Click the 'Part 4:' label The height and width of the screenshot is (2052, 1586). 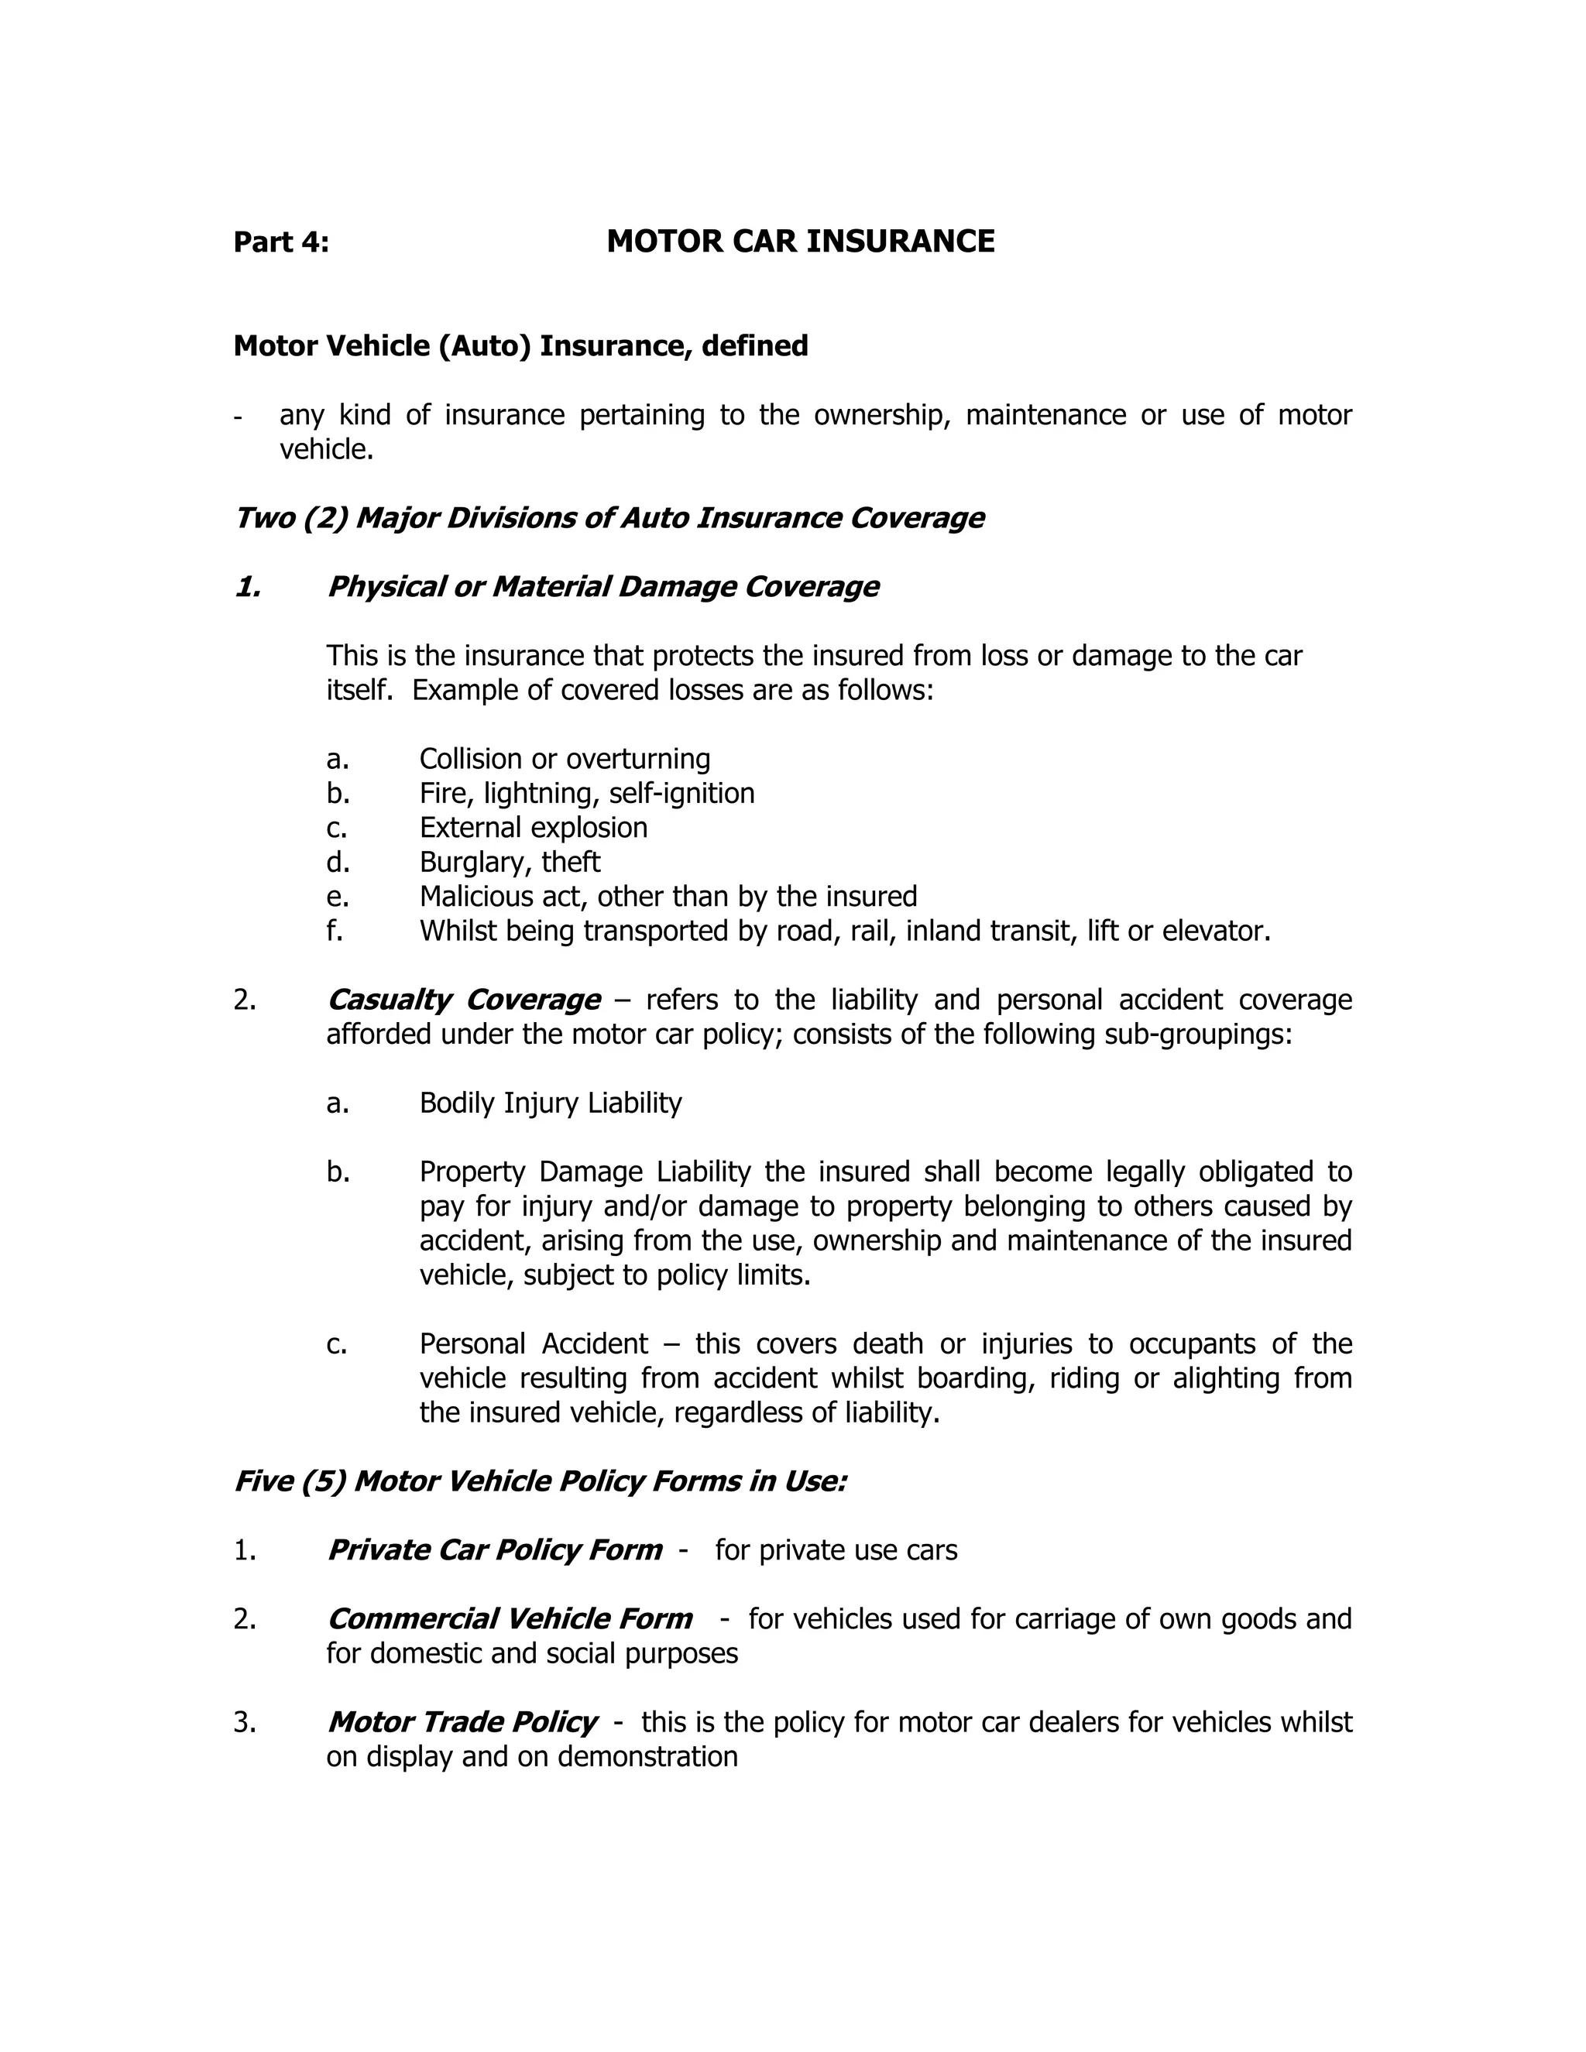click(281, 242)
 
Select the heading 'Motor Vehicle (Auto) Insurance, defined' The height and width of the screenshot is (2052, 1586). click(520, 346)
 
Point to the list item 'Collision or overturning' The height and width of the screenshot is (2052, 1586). click(564, 758)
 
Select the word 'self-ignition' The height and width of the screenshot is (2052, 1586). click(681, 793)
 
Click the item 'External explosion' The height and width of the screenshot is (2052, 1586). click(533, 828)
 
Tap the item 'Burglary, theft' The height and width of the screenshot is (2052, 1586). click(510, 862)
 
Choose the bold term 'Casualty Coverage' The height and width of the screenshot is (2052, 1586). click(463, 1000)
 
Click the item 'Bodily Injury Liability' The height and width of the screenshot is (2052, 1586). click(550, 1103)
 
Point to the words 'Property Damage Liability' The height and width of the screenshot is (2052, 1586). click(585, 1172)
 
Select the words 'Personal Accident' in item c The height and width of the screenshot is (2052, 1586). click(533, 1343)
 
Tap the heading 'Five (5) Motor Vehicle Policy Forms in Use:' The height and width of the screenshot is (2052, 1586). click(541, 1481)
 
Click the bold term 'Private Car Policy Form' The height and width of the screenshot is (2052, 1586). click(494, 1550)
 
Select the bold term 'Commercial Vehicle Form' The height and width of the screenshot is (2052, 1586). click(510, 1619)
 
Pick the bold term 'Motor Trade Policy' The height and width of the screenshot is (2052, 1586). click(462, 1722)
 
